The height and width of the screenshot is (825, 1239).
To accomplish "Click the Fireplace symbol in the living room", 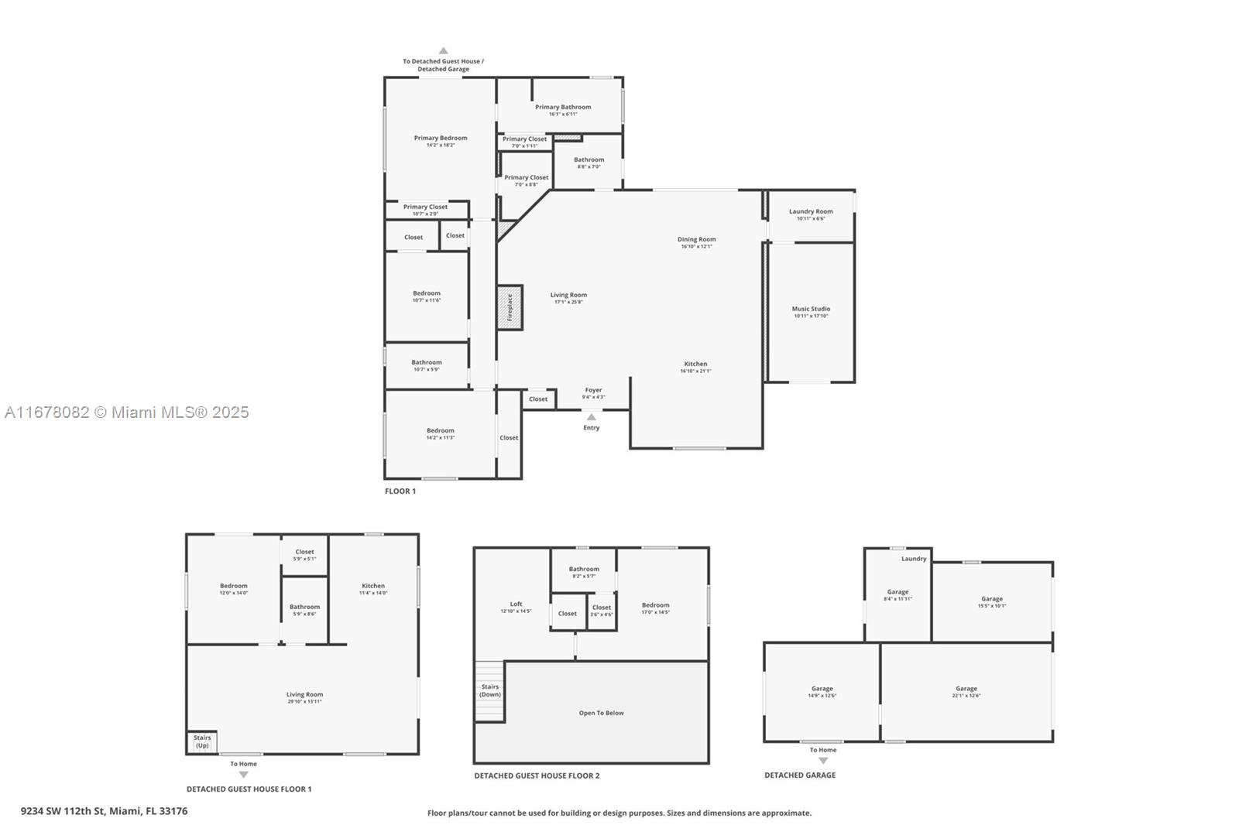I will click(x=510, y=307).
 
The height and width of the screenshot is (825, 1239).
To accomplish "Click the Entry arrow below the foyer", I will click(x=592, y=417).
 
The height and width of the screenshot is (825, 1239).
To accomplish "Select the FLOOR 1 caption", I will click(x=400, y=491).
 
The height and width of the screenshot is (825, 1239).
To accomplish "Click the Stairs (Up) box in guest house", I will click(x=201, y=742).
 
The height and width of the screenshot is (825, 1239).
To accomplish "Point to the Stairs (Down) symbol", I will click(x=489, y=691).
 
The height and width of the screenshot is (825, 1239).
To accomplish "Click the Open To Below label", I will click(x=601, y=713).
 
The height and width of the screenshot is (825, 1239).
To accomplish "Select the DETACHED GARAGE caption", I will click(x=800, y=775).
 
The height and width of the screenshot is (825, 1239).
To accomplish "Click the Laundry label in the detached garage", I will click(x=914, y=559).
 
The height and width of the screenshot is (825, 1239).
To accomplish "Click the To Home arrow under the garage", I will click(x=823, y=761).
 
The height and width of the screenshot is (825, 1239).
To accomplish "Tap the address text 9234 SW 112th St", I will click(x=104, y=811).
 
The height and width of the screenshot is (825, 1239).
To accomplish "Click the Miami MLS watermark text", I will click(x=127, y=412).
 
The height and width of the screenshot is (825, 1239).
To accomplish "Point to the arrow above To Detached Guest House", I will click(x=444, y=51).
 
